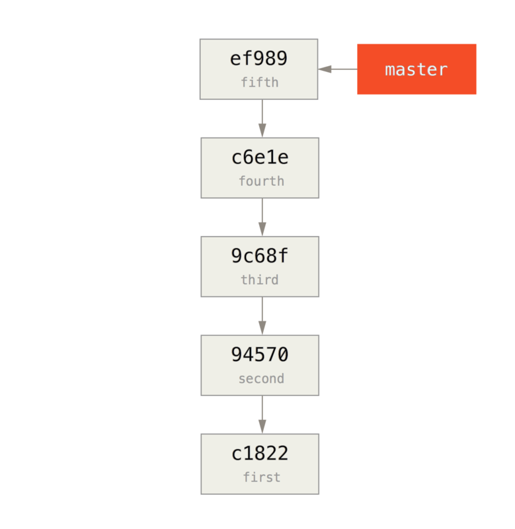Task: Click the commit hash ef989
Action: point(258,59)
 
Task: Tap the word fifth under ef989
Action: point(259,83)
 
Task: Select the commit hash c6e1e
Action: point(260,158)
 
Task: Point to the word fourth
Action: point(261,181)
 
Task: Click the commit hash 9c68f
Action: point(260,257)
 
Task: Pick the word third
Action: point(259,280)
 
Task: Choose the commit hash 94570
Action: point(260,355)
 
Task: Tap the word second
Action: point(261,379)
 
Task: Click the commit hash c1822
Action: point(260,454)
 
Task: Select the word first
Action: point(261,477)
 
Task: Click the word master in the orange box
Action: point(416,69)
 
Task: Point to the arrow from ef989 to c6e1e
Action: point(262,118)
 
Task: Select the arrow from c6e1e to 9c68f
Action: point(262,217)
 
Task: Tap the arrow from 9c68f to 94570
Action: point(262,316)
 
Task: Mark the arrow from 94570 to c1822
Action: point(262,415)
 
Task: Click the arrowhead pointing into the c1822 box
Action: point(262,427)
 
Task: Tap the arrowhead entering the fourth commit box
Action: point(262,130)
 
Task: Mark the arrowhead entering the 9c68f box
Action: point(262,229)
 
